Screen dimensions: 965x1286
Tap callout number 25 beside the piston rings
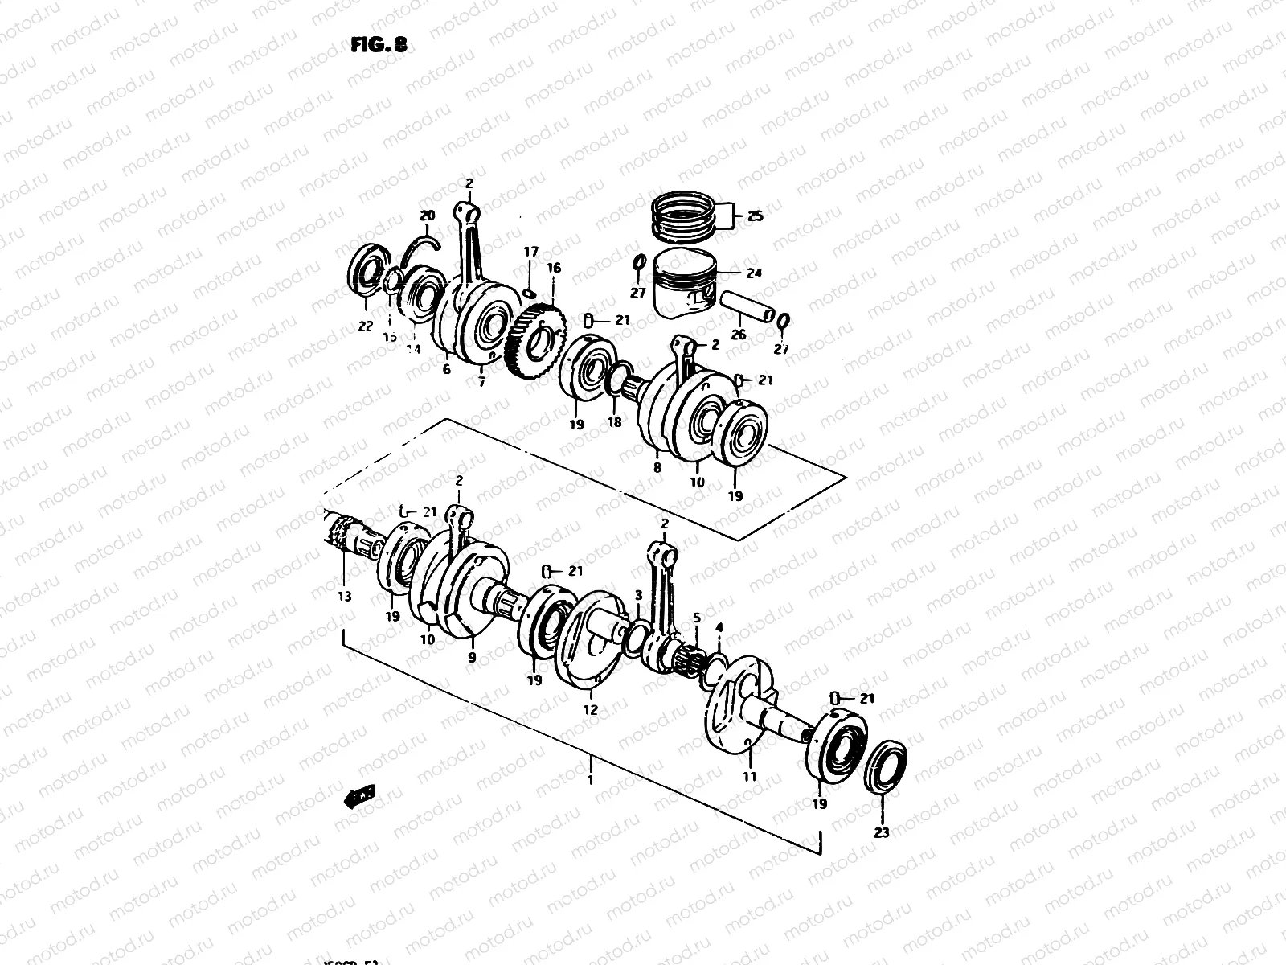pyautogui.click(x=755, y=216)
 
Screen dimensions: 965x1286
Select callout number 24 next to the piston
pyautogui.click(x=753, y=273)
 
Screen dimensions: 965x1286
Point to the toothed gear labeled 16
pyautogui.click(x=536, y=341)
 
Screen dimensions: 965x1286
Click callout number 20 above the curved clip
pyautogui.click(x=427, y=216)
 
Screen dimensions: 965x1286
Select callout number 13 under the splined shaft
pyautogui.click(x=344, y=597)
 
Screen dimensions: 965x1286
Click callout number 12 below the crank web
pyautogui.click(x=591, y=710)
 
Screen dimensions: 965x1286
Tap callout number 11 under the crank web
pyautogui.click(x=749, y=777)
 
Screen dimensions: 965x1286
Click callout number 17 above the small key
pyautogui.click(x=530, y=252)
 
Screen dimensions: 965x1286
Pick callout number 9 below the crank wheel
pyautogui.click(x=472, y=657)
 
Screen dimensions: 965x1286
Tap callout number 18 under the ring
pyautogui.click(x=614, y=421)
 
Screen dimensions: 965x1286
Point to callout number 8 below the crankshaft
pyautogui.click(x=657, y=466)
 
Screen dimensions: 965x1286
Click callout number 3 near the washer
pyautogui.click(x=638, y=596)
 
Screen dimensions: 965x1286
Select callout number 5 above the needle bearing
pyautogui.click(x=697, y=618)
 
